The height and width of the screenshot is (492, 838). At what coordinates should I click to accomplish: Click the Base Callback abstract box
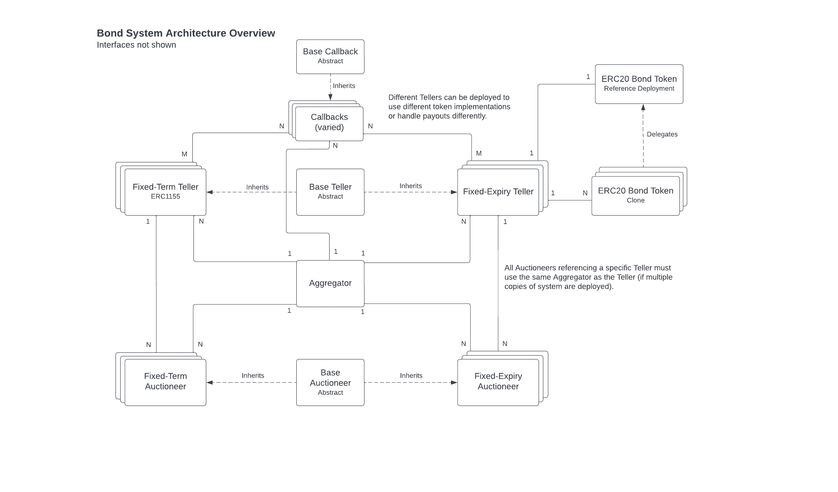pyautogui.click(x=330, y=57)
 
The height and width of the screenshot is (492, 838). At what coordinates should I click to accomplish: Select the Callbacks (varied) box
pyautogui.click(x=329, y=123)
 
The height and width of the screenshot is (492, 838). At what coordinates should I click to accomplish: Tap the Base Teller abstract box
pyautogui.click(x=330, y=192)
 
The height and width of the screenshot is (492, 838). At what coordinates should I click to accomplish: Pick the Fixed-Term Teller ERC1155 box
pyautogui.click(x=165, y=192)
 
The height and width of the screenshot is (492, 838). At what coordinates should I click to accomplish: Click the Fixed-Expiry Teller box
pyautogui.click(x=498, y=192)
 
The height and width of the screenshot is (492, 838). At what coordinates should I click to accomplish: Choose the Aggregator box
pyautogui.click(x=330, y=283)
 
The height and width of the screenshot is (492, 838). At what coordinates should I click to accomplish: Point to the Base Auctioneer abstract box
pyautogui.click(x=330, y=382)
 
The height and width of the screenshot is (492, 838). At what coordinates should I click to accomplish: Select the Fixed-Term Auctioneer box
pyautogui.click(x=165, y=382)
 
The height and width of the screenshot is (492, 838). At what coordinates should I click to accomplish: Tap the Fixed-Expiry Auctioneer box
pyautogui.click(x=498, y=382)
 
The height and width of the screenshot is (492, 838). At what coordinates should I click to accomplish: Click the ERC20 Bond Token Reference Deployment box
pyautogui.click(x=639, y=84)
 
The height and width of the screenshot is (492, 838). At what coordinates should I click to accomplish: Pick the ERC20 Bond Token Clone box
pyautogui.click(x=635, y=196)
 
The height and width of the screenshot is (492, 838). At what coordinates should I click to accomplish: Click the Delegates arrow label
pyautogui.click(x=662, y=135)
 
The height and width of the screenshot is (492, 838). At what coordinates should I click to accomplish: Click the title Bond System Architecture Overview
pyautogui.click(x=186, y=33)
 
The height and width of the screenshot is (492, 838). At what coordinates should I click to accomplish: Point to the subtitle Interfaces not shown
pyautogui.click(x=136, y=45)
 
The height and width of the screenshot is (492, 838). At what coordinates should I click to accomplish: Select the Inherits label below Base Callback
pyautogui.click(x=344, y=86)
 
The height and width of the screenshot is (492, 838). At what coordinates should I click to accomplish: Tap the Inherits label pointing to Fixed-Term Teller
pyautogui.click(x=257, y=187)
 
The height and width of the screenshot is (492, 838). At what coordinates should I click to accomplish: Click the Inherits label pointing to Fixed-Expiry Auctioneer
pyautogui.click(x=411, y=376)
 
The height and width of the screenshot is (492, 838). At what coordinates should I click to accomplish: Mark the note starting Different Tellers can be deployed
pyautogui.click(x=449, y=107)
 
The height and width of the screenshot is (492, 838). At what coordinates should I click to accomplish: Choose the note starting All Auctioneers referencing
pyautogui.click(x=588, y=277)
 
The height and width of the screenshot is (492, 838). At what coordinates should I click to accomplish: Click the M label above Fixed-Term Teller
pyautogui.click(x=184, y=154)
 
